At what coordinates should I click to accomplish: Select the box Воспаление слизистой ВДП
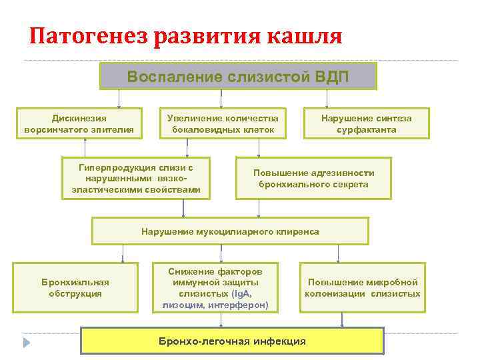(x=238, y=76)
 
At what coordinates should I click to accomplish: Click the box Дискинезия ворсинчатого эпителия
(x=79, y=123)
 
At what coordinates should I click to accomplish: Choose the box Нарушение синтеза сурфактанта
(x=367, y=123)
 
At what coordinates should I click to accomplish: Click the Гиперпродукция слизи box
(x=136, y=178)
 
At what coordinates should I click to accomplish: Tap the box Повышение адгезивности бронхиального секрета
(x=313, y=178)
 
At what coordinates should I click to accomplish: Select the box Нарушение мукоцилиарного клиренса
(x=230, y=231)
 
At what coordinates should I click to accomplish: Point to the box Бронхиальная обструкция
(x=75, y=287)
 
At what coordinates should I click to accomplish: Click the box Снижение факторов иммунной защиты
(x=215, y=288)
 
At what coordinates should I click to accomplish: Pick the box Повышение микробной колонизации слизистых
(x=363, y=287)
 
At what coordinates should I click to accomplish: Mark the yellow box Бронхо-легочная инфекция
(x=232, y=341)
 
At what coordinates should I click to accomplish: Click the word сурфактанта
(x=367, y=129)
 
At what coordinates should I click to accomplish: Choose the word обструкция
(x=75, y=293)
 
